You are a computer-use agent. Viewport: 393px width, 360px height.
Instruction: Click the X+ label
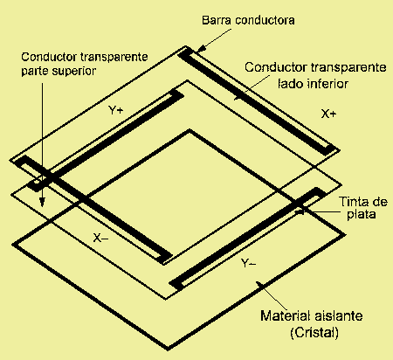click(x=328, y=114)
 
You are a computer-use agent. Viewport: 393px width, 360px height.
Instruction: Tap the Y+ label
click(x=115, y=110)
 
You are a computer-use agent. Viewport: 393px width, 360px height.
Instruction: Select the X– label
click(x=100, y=238)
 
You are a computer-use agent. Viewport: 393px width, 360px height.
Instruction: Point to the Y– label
click(x=249, y=263)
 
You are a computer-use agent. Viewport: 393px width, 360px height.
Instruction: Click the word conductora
click(x=265, y=20)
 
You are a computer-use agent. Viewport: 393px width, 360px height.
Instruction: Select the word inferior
click(x=328, y=84)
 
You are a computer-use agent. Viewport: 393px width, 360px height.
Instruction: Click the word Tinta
click(x=354, y=202)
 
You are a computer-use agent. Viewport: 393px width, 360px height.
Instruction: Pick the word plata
click(x=362, y=214)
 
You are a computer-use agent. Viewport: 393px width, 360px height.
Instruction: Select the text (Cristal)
click(x=314, y=333)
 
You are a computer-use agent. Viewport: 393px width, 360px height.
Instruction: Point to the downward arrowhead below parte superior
click(x=43, y=202)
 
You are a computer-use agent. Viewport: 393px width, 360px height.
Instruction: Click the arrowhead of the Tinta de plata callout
click(x=300, y=211)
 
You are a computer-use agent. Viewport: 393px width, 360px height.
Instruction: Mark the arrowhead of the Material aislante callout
click(x=259, y=284)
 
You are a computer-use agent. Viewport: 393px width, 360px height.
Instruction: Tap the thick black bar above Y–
click(x=248, y=239)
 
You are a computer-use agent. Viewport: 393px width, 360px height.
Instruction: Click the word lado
click(x=291, y=84)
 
